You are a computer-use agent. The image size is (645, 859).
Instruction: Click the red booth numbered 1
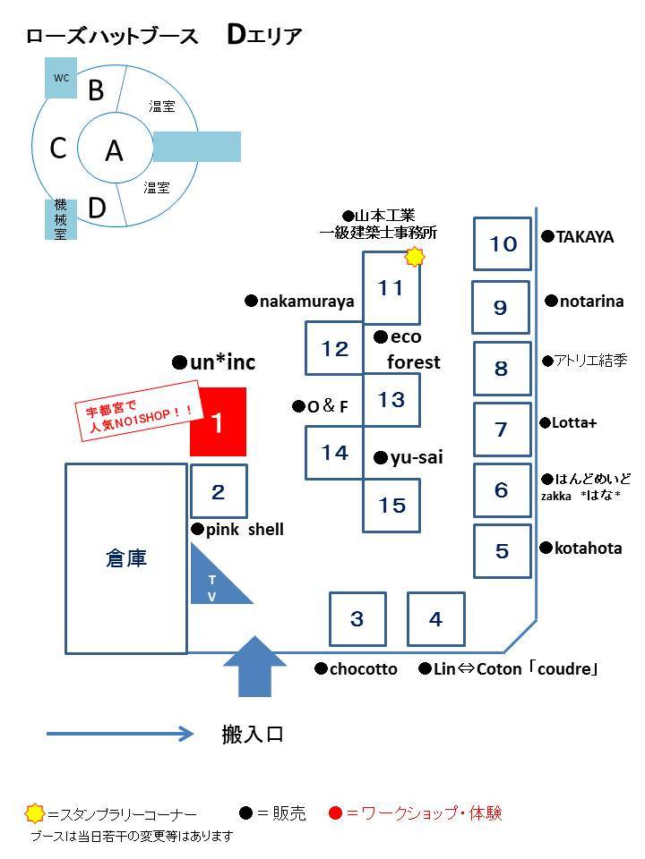(218, 421)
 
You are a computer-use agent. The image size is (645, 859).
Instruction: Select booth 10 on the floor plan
(503, 243)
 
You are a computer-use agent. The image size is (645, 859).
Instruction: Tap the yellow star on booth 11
(415, 257)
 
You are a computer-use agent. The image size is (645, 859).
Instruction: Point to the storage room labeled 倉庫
(126, 558)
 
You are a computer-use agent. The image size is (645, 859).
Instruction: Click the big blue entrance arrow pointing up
(255, 666)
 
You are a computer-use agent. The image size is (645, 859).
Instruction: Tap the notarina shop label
(585, 301)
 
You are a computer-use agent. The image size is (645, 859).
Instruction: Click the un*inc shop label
(214, 362)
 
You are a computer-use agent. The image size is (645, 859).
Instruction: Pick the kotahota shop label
(580, 548)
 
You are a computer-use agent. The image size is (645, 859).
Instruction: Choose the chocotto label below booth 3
(356, 669)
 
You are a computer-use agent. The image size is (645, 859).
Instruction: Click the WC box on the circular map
(60, 78)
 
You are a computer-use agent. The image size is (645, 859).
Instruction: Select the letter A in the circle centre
(114, 150)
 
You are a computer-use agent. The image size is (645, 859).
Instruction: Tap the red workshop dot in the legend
(336, 813)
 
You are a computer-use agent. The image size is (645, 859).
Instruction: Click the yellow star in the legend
(35, 813)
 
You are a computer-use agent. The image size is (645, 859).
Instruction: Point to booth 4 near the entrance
(436, 619)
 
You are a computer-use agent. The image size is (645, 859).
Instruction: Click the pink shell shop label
(237, 529)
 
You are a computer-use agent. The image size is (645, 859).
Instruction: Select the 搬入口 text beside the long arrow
(253, 734)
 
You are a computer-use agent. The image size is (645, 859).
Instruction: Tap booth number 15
(391, 505)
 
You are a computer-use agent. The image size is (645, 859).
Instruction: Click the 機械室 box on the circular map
(60, 219)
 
